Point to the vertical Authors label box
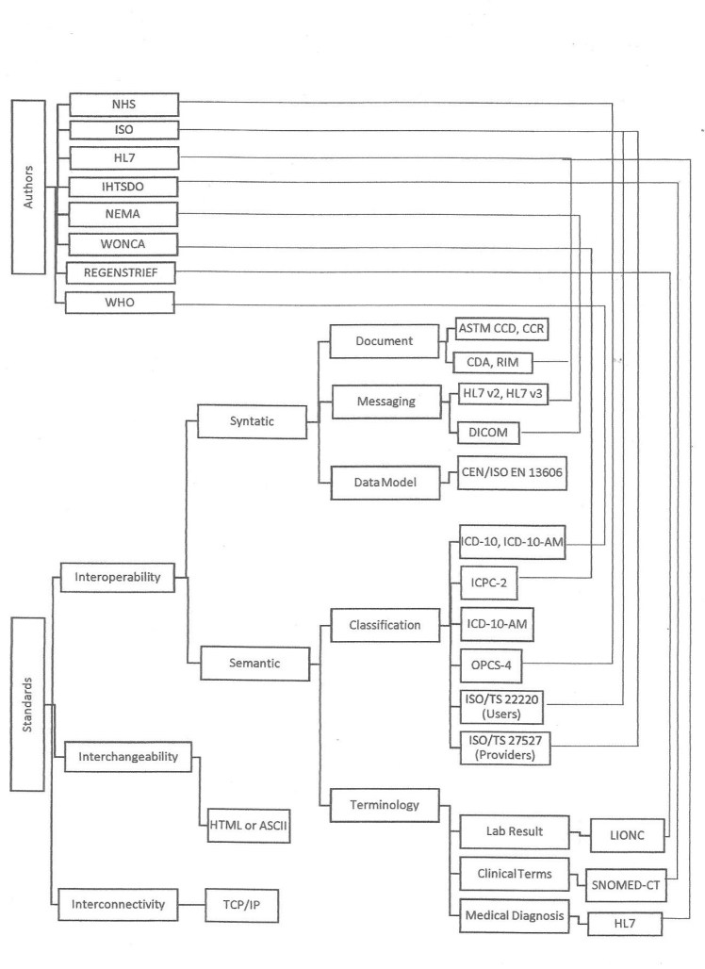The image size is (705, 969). (x=28, y=187)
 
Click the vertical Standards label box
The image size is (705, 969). (x=28, y=704)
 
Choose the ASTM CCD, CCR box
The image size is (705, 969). (x=501, y=330)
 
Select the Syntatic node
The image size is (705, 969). (x=252, y=421)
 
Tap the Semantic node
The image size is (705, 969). (x=254, y=664)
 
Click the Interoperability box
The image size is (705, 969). (x=117, y=577)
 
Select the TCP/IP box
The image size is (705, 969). (x=242, y=904)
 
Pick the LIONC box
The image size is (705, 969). (x=626, y=832)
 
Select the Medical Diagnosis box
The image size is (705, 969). (x=515, y=914)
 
